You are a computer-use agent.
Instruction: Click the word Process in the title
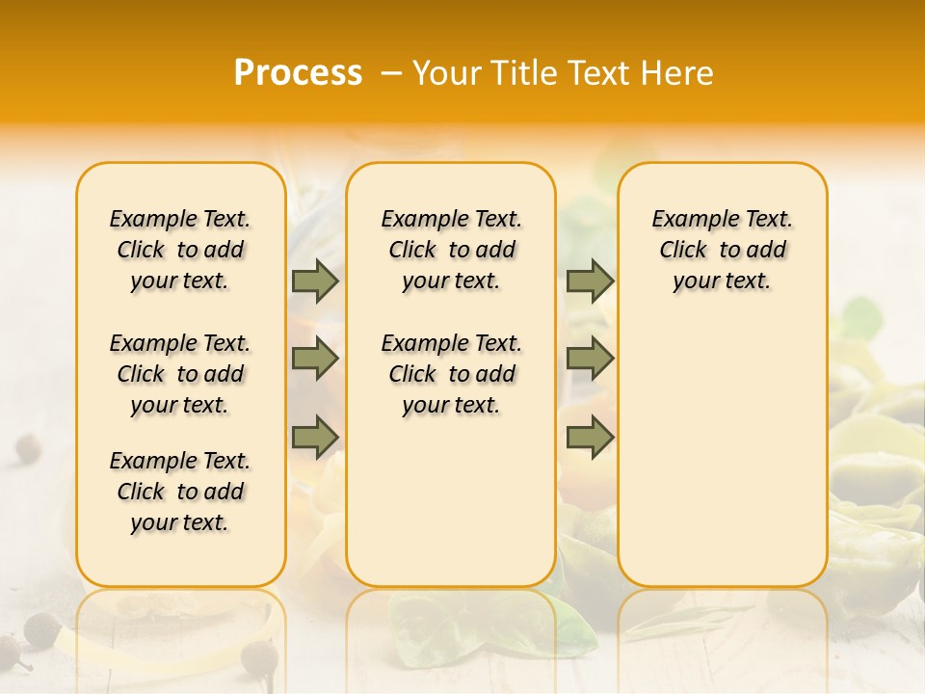pos(298,73)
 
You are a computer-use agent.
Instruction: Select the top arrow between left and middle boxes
pos(315,280)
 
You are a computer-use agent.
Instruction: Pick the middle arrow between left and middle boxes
pos(315,359)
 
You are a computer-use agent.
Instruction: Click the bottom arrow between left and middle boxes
pos(315,437)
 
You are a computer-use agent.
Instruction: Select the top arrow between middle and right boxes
pos(590,280)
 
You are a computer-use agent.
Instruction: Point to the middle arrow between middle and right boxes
pos(590,359)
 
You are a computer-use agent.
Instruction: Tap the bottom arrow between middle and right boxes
pos(590,437)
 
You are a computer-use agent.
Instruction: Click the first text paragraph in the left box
pos(180,250)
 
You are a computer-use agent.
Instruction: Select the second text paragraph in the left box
pos(180,374)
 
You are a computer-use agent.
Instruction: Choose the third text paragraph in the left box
pos(180,492)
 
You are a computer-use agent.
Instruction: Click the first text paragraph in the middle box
pos(451,250)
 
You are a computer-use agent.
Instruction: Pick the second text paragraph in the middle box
pos(451,374)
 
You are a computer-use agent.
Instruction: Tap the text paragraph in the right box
pos(722,250)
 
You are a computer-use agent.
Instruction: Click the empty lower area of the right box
pos(722,453)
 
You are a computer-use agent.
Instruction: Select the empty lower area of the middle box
pos(451,501)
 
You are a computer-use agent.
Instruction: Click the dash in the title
pos(390,73)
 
